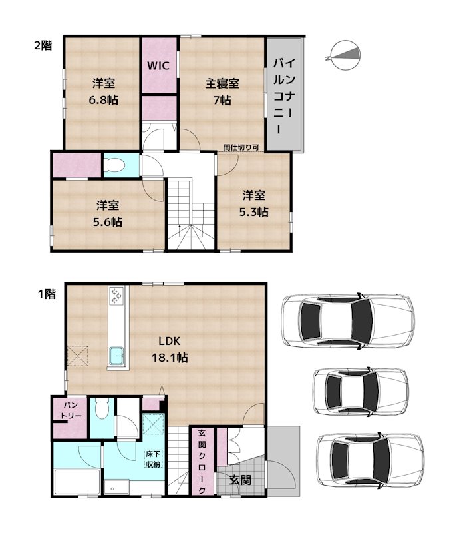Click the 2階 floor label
point(43,45)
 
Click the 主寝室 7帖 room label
point(222,92)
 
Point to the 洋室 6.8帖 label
point(103,92)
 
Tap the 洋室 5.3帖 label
point(254,203)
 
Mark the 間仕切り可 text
point(241,148)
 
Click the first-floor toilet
point(102,409)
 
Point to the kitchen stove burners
point(118,296)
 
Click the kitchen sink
point(118,358)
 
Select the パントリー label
point(72,410)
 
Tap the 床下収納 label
point(153,460)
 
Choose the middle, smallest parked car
point(359,388)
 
